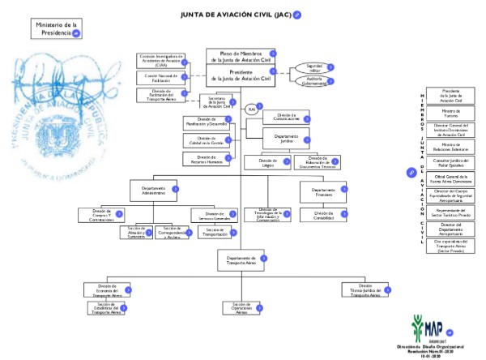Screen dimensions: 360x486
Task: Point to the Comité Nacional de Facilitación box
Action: pyautogui.click(x=161, y=78)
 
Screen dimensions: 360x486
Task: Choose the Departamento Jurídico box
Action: pyautogui.click(x=285, y=139)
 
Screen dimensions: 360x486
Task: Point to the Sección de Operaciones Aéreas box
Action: pyautogui.click(x=241, y=307)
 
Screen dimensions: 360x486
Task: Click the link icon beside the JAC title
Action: pyautogui.click(x=298, y=14)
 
